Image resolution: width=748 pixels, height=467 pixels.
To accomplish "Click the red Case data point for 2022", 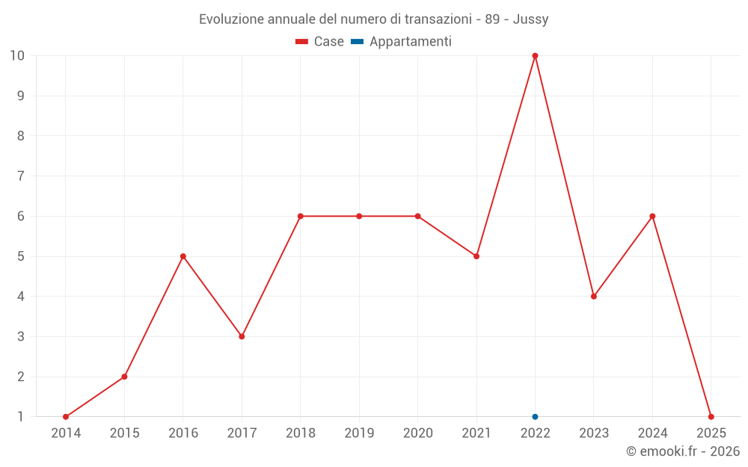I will point(535,55).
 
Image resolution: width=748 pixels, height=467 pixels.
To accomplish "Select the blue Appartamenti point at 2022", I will point(535,416).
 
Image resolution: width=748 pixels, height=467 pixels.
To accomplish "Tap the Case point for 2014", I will point(66,416).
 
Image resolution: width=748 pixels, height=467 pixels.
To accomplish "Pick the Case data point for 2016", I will point(183,256).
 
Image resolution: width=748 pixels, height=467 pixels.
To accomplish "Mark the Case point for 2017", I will point(242,336).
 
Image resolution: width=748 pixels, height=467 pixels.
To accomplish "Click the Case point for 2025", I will point(711,416).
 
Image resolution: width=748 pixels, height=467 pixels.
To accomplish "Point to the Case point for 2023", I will point(594,296).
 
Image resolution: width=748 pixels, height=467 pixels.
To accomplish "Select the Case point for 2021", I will point(476,256).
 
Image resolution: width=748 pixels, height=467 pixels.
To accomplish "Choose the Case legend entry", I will point(320,42).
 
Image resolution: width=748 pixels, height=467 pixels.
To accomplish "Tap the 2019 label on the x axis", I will point(359,433).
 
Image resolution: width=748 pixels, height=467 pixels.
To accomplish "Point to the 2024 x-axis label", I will point(652,433).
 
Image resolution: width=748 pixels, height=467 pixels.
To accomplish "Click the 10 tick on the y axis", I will point(17,55).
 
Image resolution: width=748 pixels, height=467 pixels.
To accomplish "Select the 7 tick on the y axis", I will point(21,176).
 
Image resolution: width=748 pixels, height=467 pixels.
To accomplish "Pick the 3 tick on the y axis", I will point(21,336).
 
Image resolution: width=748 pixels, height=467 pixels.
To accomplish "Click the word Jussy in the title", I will point(530,19).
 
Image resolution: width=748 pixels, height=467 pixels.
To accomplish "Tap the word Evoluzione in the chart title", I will point(231,19).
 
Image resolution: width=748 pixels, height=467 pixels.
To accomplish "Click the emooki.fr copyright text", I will point(683,451).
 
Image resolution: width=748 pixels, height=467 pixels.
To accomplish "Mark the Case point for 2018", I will point(300,216).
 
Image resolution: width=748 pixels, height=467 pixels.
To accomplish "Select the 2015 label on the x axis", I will point(124,433).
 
